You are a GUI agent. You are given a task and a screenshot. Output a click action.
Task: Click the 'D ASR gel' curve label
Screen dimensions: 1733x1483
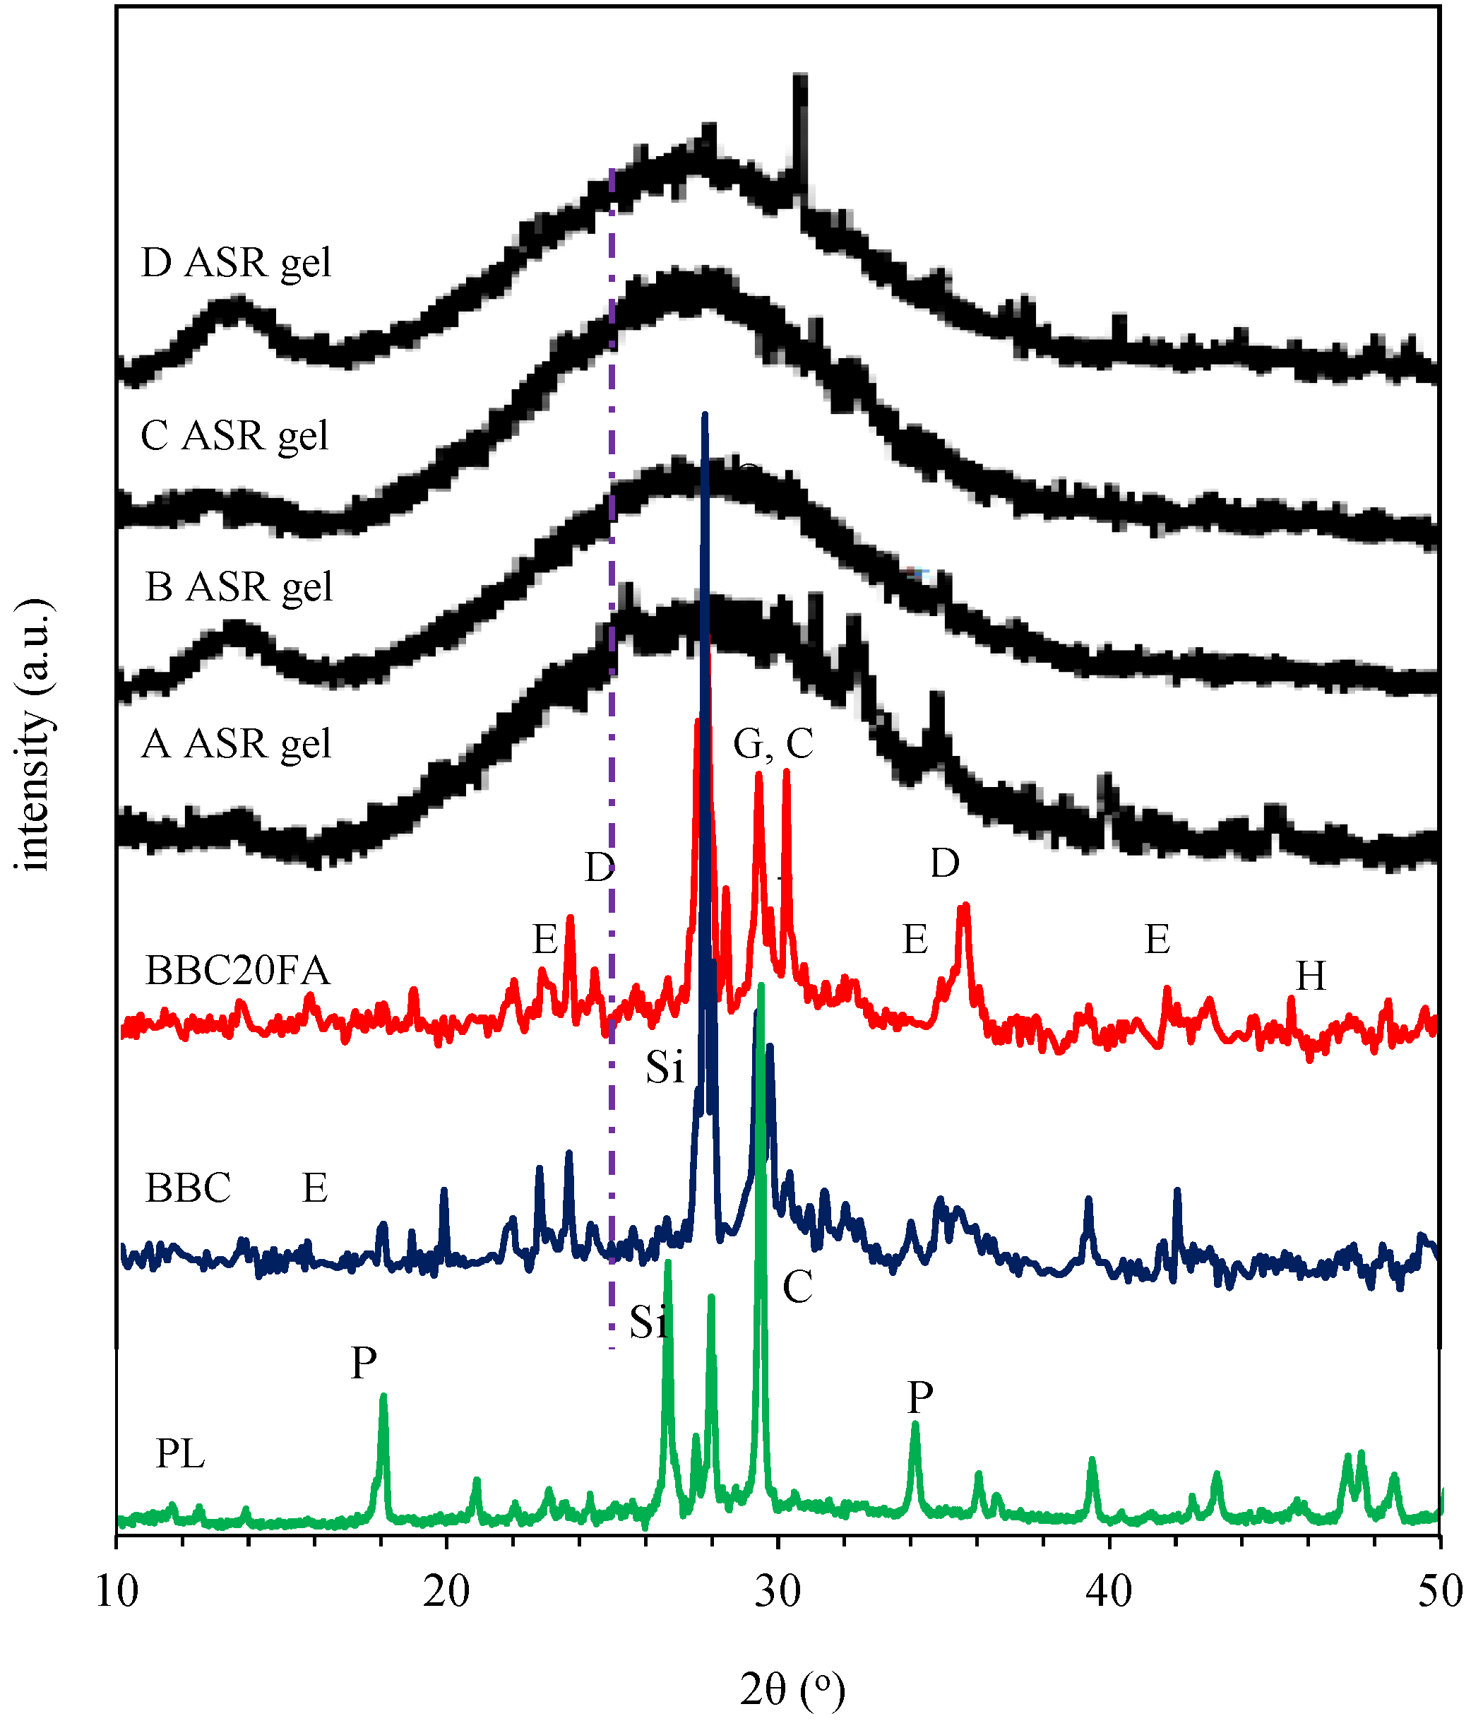pos(237,263)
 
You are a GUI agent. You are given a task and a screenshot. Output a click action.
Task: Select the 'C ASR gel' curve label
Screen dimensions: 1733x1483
pos(235,436)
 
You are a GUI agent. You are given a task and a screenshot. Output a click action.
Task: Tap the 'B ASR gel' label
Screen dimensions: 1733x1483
pos(239,587)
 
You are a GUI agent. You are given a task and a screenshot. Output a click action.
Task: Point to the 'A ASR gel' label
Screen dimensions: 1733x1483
pos(237,743)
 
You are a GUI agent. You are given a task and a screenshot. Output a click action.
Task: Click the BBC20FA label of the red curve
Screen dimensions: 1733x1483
pos(238,971)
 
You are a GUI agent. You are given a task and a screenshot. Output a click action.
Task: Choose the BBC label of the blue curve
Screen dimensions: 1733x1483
pos(188,1188)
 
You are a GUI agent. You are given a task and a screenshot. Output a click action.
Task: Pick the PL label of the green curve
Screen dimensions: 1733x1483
pos(181,1455)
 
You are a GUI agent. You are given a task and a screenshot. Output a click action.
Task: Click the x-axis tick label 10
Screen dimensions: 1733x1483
pos(117,1591)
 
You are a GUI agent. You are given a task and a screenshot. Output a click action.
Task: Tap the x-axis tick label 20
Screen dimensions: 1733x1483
pos(446,1591)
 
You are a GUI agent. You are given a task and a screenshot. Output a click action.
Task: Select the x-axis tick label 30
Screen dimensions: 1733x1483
pos(778,1591)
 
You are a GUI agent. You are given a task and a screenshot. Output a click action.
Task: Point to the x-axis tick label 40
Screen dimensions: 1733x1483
pos(1109,1591)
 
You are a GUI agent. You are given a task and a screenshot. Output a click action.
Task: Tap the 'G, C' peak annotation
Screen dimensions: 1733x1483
pos(773,743)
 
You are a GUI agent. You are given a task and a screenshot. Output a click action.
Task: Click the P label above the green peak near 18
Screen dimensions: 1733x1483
pos(364,1363)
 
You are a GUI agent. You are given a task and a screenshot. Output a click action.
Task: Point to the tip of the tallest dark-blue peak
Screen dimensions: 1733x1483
pos(705,414)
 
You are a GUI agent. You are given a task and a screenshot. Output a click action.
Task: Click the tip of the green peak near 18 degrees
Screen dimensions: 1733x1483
pos(383,1395)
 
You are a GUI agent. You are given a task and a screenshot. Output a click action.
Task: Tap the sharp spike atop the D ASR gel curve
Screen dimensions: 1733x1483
pos(800,77)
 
